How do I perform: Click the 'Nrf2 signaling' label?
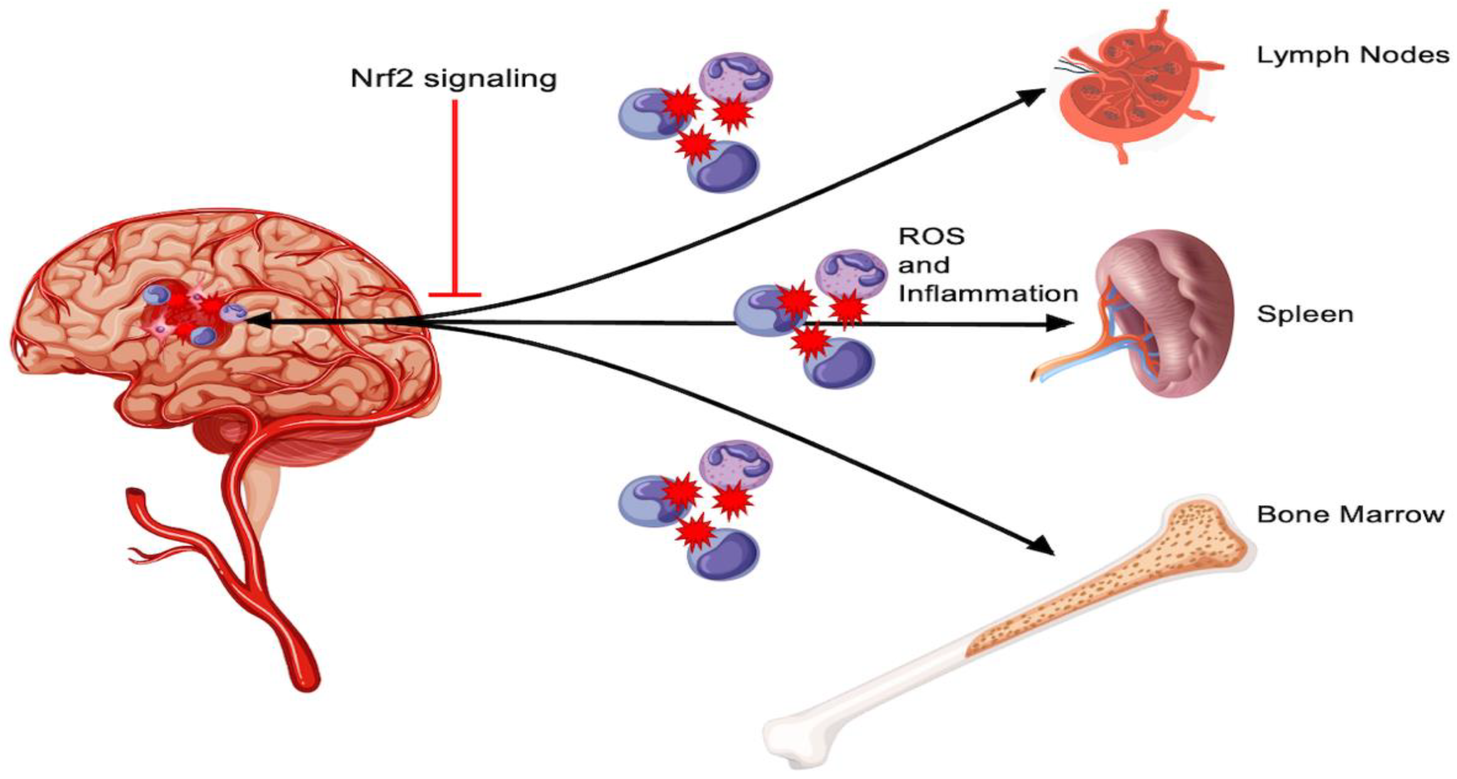point(454,79)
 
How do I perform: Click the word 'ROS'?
point(931,236)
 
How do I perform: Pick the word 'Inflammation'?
point(988,293)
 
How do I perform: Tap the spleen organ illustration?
point(1165,317)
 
